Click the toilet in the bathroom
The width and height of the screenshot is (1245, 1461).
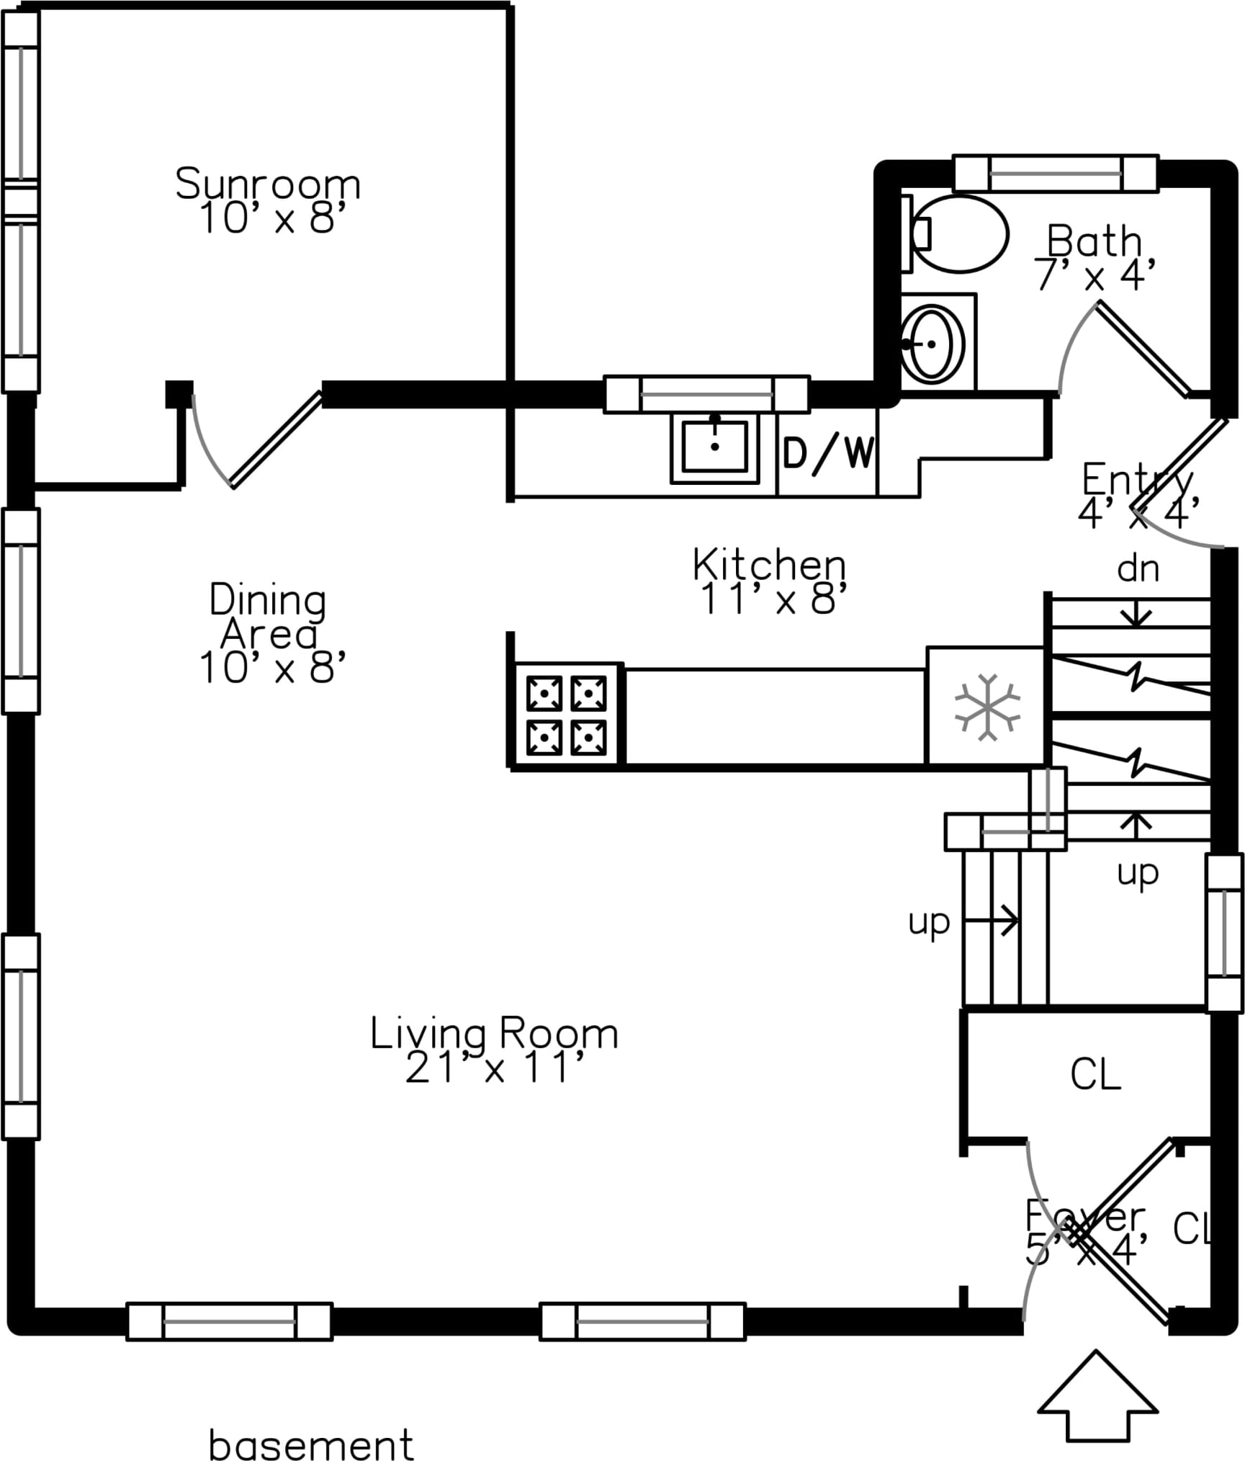(958, 233)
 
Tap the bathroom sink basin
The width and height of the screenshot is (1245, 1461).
(932, 344)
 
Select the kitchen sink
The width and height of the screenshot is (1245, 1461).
(714, 447)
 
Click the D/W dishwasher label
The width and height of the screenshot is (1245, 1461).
(828, 454)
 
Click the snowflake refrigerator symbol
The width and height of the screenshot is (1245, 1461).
(987, 707)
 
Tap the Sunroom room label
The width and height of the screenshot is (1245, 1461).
(268, 184)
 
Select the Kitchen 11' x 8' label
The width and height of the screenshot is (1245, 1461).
(770, 582)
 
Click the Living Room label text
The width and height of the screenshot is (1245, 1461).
(494, 1034)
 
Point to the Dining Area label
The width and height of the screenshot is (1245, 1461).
(268, 617)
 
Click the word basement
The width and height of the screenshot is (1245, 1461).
(311, 1444)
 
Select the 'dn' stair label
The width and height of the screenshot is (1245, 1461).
(1138, 569)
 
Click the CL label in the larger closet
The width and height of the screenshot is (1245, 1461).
(1095, 1074)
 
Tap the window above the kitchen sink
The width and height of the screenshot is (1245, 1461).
(706, 394)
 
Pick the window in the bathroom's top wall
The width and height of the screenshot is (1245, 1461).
(1056, 174)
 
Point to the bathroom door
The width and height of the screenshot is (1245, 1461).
(1143, 349)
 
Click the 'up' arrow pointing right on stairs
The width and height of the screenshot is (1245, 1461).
(992, 921)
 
